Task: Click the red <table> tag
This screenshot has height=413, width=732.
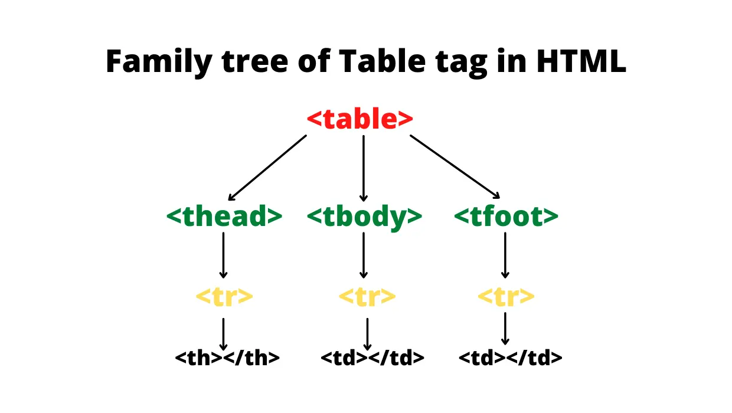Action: click(x=360, y=120)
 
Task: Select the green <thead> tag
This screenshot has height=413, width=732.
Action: click(x=224, y=217)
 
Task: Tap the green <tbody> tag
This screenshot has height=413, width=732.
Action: click(x=364, y=217)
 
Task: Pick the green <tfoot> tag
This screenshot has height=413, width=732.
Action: click(x=506, y=217)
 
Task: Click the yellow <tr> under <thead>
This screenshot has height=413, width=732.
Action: click(x=224, y=296)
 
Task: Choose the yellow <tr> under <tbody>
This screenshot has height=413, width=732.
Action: click(x=367, y=296)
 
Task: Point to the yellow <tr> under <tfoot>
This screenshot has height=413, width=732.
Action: click(x=506, y=296)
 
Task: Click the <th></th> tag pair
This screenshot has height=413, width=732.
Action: click(x=227, y=358)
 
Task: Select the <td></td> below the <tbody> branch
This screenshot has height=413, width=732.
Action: click(x=372, y=358)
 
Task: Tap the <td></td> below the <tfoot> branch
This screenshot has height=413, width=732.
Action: click(x=510, y=358)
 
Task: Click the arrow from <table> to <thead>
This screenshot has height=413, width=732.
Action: click(x=267, y=168)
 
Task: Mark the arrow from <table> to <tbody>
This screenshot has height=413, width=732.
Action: click(x=363, y=168)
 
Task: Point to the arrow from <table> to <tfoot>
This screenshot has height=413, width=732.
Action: click(x=455, y=167)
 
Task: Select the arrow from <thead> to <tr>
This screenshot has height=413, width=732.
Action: click(x=223, y=255)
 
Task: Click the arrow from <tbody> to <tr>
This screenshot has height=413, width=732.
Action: click(x=363, y=255)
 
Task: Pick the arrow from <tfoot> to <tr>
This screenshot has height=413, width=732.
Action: click(x=505, y=255)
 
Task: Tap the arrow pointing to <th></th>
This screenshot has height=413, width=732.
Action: click(x=223, y=334)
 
